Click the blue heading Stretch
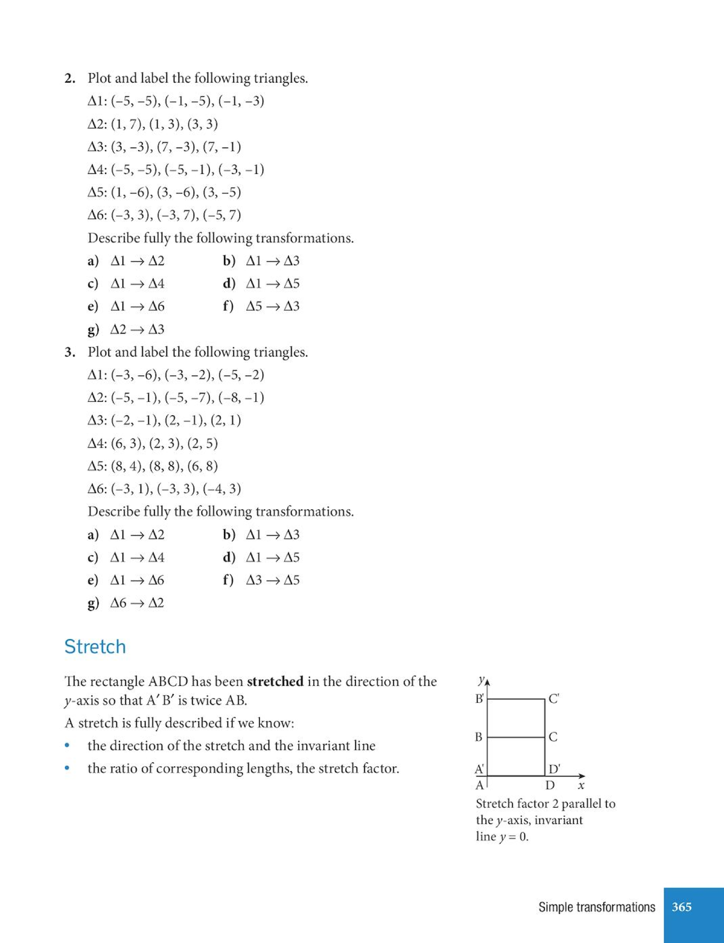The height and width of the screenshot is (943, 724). [95, 647]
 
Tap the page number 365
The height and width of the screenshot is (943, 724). [682, 907]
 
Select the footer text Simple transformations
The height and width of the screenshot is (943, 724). [596, 907]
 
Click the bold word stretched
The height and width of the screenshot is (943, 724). [275, 681]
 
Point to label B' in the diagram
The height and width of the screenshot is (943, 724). [480, 699]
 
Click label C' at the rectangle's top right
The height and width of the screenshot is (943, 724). [554, 699]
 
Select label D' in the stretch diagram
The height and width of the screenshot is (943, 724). [554, 769]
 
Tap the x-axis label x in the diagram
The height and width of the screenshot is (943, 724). [581, 786]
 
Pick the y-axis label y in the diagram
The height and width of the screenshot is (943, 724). [481, 681]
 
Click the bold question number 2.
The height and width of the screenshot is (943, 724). [70, 78]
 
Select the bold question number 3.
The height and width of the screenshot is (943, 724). [70, 352]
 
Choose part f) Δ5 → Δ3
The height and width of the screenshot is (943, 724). [261, 306]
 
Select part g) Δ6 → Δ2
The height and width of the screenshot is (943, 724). [126, 603]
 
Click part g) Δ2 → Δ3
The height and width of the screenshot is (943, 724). [126, 329]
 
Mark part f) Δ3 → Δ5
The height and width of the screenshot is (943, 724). [261, 580]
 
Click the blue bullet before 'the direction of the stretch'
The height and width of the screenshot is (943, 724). [68, 746]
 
